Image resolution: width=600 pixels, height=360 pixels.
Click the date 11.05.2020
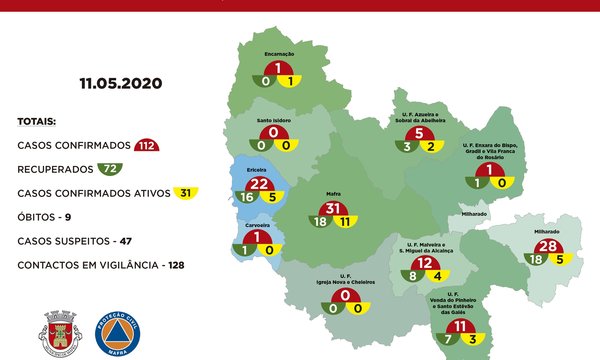coord(121,84)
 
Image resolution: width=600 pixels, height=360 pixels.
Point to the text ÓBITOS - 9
coord(50,217)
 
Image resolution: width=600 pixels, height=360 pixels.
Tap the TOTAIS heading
coord(37,122)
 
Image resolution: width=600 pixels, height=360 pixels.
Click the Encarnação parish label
coord(278,55)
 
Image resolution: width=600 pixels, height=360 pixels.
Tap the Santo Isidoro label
coord(274,120)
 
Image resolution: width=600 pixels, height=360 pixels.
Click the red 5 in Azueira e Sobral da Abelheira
coord(421,134)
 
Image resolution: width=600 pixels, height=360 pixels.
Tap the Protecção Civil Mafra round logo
coord(118,333)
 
